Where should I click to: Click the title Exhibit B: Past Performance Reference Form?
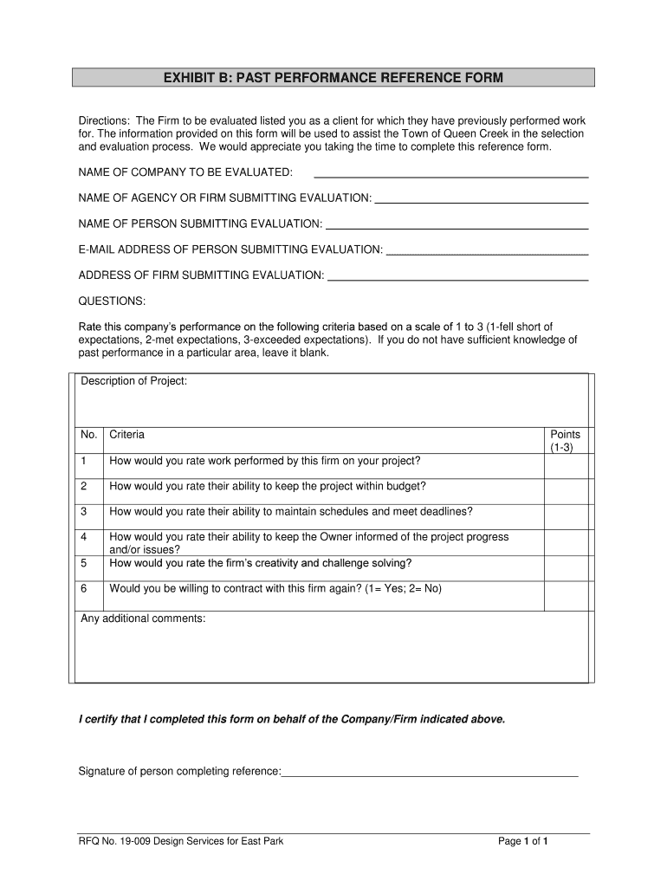pos(333,79)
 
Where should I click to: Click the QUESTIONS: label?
pos(113,301)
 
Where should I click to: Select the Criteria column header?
pos(127,435)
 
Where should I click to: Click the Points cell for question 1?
pos(566,465)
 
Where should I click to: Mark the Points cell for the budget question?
pos(566,491)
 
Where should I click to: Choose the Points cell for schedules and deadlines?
pos(566,516)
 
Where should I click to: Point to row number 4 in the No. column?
pos(84,537)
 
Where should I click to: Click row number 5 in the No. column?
pos(84,563)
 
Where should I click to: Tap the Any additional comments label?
pos(143,618)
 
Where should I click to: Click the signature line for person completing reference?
pos(430,772)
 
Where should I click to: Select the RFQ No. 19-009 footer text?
pos(181,841)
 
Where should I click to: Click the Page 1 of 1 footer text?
pos(524,841)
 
